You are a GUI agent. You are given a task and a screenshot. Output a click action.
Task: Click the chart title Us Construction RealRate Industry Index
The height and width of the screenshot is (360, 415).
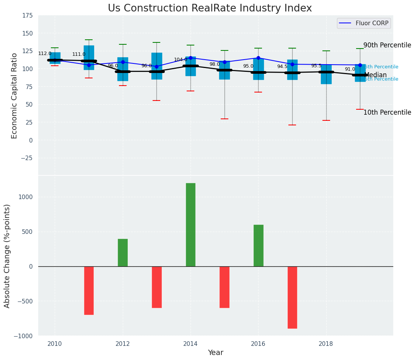point(210,8)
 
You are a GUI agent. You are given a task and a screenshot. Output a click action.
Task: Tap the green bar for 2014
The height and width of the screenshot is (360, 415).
point(190,225)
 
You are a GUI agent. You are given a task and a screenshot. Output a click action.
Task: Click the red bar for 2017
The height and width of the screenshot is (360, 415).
point(292,297)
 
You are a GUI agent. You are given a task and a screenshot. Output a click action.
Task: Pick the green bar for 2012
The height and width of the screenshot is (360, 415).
point(123,253)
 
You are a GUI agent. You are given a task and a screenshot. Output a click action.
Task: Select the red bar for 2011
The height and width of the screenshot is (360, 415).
point(89,290)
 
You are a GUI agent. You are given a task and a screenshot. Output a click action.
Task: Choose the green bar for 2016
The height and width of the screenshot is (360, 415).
point(259,245)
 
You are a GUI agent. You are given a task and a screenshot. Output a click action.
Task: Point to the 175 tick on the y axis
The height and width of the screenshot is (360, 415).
point(27,16)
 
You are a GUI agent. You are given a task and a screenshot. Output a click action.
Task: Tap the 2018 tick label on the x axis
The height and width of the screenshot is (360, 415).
point(326,344)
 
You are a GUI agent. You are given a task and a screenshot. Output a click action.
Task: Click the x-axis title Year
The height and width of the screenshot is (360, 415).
point(216,353)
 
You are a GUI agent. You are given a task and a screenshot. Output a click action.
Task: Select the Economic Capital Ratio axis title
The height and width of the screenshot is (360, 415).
point(15,96)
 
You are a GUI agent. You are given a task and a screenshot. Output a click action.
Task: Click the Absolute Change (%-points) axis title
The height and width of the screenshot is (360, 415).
point(7,256)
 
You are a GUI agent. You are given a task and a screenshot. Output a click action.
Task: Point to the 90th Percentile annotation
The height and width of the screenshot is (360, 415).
point(387,45)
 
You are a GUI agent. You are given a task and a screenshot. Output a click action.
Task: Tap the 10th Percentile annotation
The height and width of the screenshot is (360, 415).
point(387,112)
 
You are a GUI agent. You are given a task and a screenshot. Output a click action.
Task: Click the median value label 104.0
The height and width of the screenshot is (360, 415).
point(181,60)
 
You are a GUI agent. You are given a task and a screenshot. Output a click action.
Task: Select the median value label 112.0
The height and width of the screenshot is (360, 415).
point(45,54)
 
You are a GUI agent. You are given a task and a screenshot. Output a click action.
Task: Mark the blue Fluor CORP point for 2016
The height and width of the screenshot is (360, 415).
point(259,58)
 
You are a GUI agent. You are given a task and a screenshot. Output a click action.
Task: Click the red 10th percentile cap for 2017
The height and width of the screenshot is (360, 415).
point(292,125)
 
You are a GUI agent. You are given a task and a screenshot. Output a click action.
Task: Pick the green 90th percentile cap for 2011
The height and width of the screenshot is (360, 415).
point(89,40)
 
